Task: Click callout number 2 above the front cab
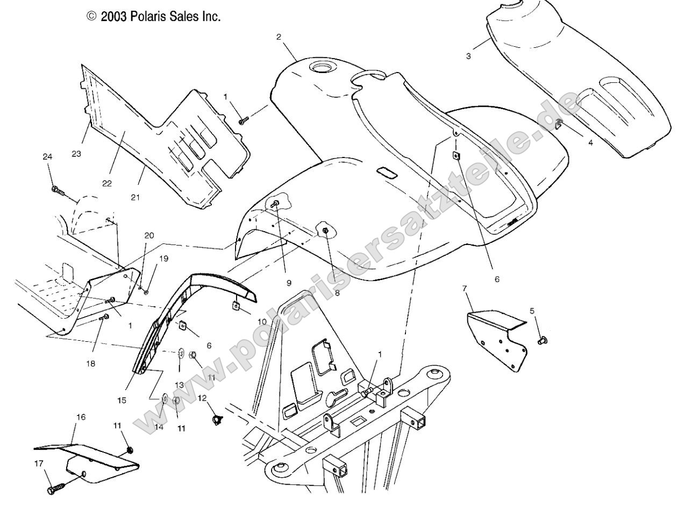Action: [279, 37]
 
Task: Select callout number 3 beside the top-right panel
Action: [468, 56]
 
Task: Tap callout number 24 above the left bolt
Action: [47, 157]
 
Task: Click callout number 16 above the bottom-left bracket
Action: [80, 417]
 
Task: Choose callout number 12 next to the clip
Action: [202, 398]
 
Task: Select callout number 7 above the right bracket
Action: [464, 289]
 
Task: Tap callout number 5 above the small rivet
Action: [532, 311]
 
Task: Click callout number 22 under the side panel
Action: [107, 183]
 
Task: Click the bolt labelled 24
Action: [58, 190]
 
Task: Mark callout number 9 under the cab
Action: [288, 282]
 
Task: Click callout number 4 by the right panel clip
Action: [590, 143]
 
